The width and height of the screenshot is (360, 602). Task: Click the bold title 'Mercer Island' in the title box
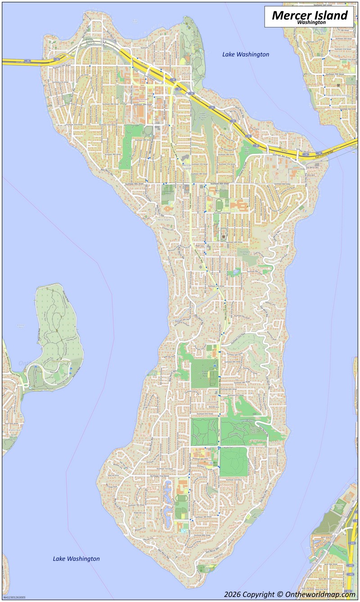[310, 15]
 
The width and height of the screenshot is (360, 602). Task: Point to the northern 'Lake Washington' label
[246, 54]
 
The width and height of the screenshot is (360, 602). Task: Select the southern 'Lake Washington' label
[76, 559]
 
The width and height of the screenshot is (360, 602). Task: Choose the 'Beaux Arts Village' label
[338, 95]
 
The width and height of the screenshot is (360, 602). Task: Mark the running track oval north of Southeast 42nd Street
[219, 205]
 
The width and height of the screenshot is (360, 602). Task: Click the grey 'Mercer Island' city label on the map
[186, 167]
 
